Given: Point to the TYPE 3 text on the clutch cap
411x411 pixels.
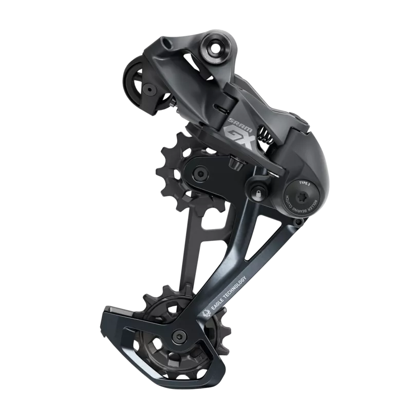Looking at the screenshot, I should [304, 183].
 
